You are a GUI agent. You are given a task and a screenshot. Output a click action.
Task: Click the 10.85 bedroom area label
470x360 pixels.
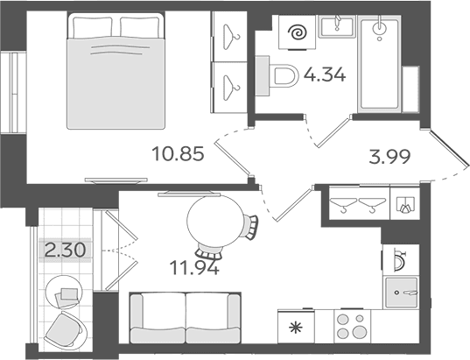click(x=178, y=153)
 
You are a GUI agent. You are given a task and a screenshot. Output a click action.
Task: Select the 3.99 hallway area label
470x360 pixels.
click(x=389, y=157)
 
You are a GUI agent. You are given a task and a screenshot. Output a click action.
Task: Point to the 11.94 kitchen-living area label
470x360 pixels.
click(x=194, y=268)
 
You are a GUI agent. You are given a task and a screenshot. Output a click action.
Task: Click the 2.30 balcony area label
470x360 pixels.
click(x=65, y=251)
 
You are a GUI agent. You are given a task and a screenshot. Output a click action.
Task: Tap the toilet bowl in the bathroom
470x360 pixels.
click(x=284, y=76)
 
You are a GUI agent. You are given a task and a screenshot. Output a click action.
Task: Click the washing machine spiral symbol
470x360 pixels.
click(x=297, y=32)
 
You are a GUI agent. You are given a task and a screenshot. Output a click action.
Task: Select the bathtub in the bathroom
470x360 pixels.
click(x=380, y=64)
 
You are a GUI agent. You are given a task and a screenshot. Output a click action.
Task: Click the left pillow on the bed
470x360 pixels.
click(x=93, y=27)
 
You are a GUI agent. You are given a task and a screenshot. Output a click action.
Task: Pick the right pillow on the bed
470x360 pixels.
click(x=139, y=27)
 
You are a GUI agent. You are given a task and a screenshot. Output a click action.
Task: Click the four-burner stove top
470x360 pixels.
click(x=352, y=326)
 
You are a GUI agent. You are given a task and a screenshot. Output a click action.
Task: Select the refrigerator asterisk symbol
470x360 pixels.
click(x=296, y=328)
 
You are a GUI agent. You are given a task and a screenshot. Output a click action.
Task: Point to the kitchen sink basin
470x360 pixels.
click(x=401, y=293)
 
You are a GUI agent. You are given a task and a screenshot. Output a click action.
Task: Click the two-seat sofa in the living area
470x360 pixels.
click(x=186, y=318)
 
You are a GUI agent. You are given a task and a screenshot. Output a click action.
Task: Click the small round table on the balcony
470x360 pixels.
click(x=63, y=293)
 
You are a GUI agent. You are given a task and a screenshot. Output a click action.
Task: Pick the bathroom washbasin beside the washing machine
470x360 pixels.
click(x=337, y=26)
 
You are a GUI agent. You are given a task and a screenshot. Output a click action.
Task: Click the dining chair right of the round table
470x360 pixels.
click(x=251, y=227)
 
